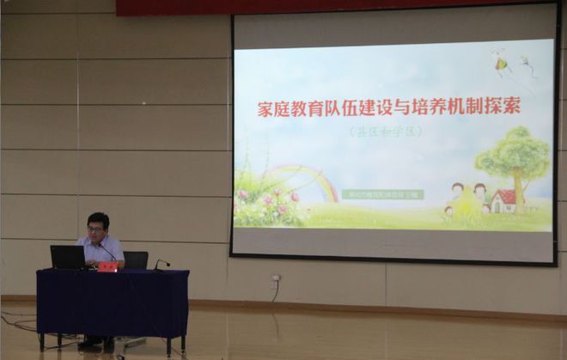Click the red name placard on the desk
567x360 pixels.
(x=107, y=266)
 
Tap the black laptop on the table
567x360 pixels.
(x=68, y=257)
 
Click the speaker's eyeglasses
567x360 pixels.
(x=95, y=229)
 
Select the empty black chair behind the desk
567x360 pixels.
(x=136, y=259)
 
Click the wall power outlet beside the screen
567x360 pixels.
(x=275, y=279)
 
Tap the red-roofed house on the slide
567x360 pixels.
(x=503, y=201)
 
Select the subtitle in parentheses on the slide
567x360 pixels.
(x=387, y=132)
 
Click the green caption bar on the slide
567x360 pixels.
(x=382, y=195)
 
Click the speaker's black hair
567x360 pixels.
(x=98, y=218)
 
